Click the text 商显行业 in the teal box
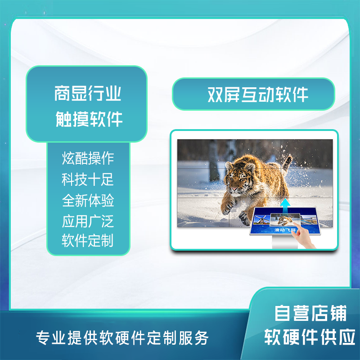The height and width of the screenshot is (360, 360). (x=87, y=93)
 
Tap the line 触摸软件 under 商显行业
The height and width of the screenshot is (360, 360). (x=89, y=119)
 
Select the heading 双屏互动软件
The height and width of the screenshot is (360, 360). (x=257, y=94)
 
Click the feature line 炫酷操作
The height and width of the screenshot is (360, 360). (x=88, y=158)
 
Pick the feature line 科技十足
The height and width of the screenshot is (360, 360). (x=88, y=179)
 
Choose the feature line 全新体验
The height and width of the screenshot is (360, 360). (x=88, y=200)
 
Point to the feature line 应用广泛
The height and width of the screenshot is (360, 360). (x=88, y=221)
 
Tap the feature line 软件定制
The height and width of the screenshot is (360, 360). (x=88, y=240)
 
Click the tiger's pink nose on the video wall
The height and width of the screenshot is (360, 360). (x=234, y=189)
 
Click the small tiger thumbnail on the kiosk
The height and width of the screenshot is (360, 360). (x=285, y=220)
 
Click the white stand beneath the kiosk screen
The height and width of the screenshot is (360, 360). (x=285, y=242)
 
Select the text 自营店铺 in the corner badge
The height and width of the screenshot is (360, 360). (x=310, y=313)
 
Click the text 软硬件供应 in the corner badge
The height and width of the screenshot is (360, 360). (x=310, y=337)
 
